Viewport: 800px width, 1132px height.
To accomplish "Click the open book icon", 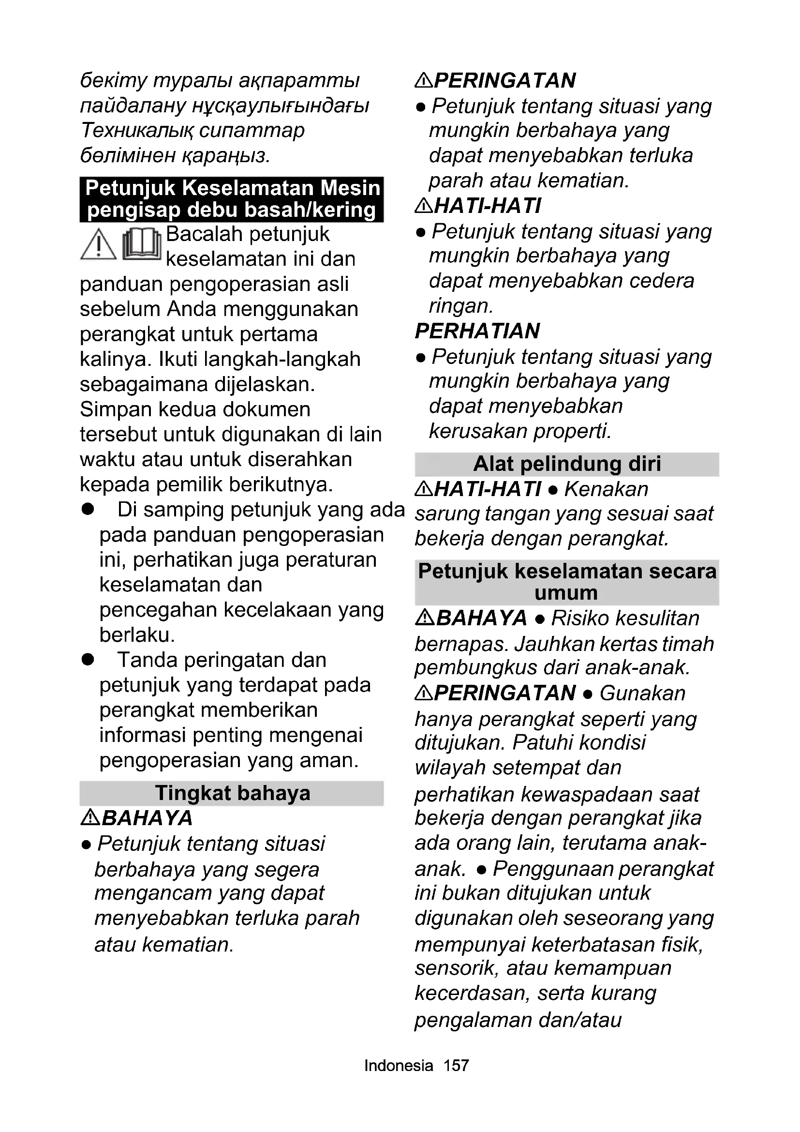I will [142, 244].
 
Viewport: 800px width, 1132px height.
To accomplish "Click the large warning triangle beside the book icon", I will [99, 245].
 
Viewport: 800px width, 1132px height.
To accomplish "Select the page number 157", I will [456, 1065].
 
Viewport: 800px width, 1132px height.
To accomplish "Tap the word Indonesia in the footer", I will [399, 1065].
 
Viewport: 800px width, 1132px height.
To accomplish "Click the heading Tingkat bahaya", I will [233, 793].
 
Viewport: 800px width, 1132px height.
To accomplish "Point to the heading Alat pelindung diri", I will [567, 464].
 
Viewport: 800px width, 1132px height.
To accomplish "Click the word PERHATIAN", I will [477, 331].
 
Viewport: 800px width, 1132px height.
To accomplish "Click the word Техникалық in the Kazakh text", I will [137, 130].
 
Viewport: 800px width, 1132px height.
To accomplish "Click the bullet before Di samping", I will [88, 509].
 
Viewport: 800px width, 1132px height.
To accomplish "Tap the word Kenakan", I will [607, 489].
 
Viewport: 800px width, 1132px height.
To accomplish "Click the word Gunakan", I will [642, 693].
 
